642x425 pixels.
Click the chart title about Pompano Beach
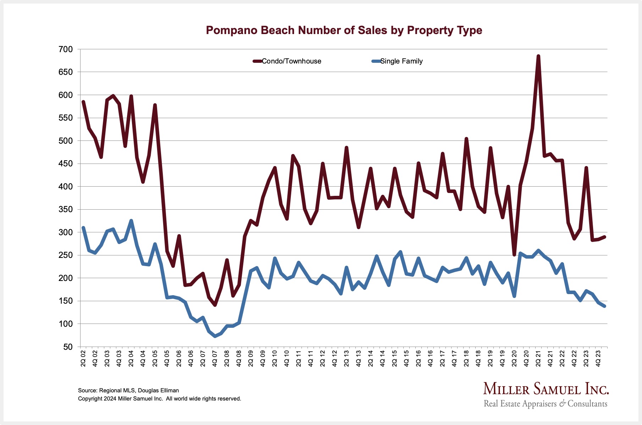(344, 31)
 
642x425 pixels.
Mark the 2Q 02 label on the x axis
(83, 358)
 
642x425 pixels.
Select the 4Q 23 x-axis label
(598, 358)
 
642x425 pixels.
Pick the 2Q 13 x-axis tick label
(347, 358)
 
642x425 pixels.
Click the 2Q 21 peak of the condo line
(538, 56)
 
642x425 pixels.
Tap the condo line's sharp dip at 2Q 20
(514, 254)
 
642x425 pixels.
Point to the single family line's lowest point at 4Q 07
(215, 336)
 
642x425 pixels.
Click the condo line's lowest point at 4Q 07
(215, 305)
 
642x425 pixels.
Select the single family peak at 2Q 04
(131, 221)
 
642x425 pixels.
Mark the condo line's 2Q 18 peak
(466, 139)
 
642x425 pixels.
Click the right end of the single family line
(604, 306)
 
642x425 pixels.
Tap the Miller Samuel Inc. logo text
(546, 389)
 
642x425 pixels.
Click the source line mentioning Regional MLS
(128, 390)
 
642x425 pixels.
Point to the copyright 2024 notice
(159, 399)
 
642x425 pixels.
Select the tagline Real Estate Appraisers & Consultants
(546, 404)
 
